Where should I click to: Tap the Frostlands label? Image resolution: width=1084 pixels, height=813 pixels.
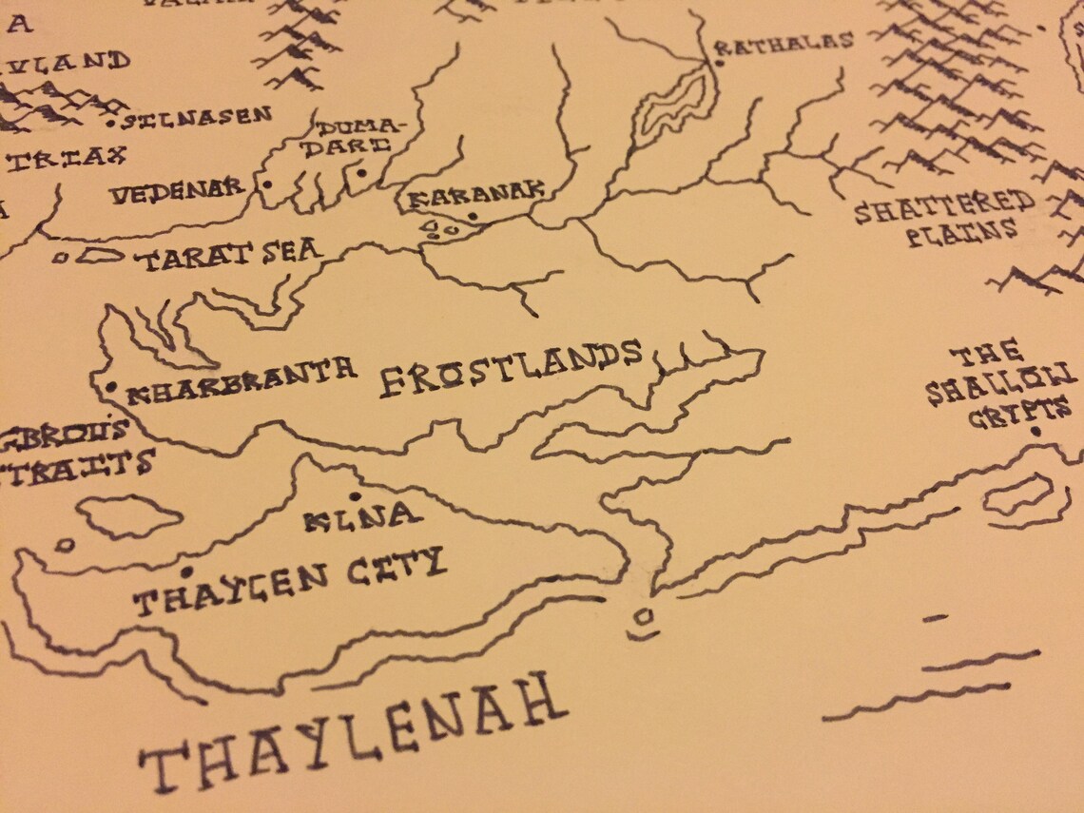[x=512, y=368]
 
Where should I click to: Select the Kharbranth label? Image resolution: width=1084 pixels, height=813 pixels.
[x=242, y=378]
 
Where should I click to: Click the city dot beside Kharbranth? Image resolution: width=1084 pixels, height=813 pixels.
[x=112, y=387]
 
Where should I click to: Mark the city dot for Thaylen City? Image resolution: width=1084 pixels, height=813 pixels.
[x=186, y=572]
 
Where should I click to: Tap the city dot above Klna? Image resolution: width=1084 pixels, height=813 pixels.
[x=355, y=496]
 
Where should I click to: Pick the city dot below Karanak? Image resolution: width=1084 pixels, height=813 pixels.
[x=472, y=218]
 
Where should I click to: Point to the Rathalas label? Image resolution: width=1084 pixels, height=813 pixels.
[x=784, y=42]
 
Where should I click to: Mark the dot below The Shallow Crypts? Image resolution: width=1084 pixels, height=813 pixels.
[x=1036, y=434]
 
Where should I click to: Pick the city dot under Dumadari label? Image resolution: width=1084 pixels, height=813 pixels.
[x=359, y=174]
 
